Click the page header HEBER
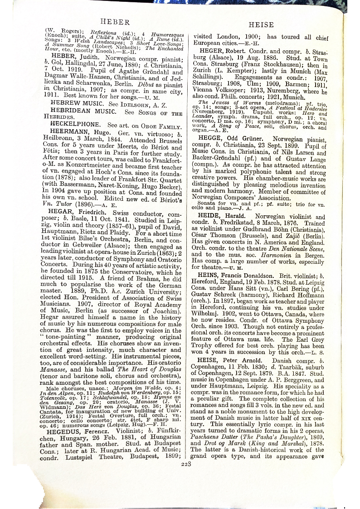point(115,22)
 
